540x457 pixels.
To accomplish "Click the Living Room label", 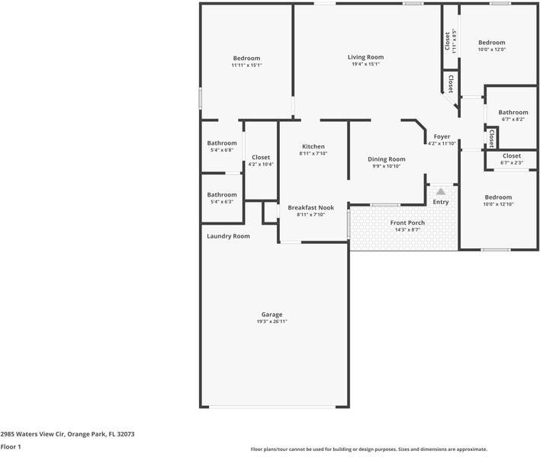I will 365,57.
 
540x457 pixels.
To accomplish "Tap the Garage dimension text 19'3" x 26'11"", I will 272,321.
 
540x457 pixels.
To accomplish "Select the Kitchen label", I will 313,146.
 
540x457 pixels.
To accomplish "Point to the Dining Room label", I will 386,159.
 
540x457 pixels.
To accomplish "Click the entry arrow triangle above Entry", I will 441,191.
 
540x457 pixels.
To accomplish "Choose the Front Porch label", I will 407,222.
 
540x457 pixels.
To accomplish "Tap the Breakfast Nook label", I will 310,207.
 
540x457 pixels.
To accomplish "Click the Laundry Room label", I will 228,236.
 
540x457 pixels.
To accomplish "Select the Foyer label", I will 442,136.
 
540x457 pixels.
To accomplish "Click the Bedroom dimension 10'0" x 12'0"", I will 491,50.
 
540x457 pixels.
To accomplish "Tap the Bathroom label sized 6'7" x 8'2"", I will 513,112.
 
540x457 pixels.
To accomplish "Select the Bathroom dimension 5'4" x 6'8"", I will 221,150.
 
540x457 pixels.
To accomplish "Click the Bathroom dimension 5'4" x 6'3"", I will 221,202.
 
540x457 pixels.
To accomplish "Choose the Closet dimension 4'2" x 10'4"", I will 260,165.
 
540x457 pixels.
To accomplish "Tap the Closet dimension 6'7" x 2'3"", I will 511,162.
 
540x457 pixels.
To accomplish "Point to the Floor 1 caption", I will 11,447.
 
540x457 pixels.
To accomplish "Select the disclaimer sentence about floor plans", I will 368,449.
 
